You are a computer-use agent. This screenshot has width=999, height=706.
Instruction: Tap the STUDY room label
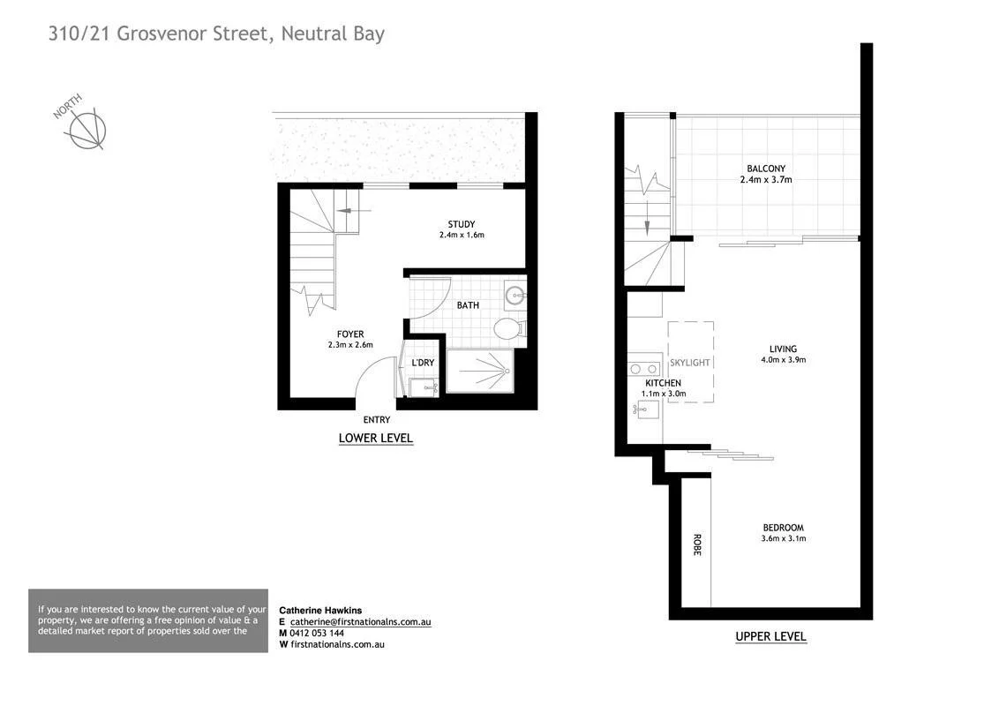(x=462, y=224)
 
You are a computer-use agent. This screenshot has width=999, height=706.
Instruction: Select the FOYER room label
(x=350, y=334)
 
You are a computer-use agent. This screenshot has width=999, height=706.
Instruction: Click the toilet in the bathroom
(x=508, y=329)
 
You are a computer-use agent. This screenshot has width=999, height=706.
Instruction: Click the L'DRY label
(x=423, y=363)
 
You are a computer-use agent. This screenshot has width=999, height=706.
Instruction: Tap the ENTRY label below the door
(x=377, y=421)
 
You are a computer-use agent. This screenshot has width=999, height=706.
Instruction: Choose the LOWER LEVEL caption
(x=376, y=439)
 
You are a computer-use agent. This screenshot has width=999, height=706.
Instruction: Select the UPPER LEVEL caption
(x=770, y=636)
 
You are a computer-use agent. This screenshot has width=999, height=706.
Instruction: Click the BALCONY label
(x=765, y=169)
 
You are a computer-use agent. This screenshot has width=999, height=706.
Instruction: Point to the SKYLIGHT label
(x=690, y=363)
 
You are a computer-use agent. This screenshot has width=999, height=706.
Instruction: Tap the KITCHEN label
(x=663, y=383)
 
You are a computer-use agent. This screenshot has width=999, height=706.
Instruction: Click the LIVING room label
(x=783, y=349)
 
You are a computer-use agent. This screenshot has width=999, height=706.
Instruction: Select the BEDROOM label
(x=784, y=528)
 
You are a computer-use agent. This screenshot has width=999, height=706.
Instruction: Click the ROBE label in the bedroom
(x=696, y=545)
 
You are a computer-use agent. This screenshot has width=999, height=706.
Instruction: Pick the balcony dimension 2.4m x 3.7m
(x=765, y=180)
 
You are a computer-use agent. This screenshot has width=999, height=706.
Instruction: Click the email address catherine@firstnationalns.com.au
(x=360, y=621)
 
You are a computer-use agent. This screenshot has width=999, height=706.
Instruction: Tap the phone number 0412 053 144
(x=317, y=633)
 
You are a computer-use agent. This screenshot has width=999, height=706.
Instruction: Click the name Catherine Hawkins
(x=320, y=610)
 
